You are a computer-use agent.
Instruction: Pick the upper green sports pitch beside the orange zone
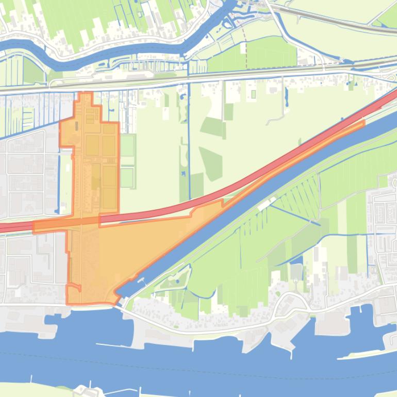click(127, 144)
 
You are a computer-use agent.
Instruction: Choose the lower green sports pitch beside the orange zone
click(127, 178)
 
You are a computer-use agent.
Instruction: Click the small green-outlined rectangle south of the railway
click(253, 94)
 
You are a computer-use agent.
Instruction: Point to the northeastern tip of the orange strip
click(362, 122)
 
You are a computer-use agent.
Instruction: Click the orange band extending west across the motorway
click(49, 226)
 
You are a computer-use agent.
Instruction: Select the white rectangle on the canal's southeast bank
click(264, 205)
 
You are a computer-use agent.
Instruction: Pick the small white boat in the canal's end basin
click(141, 279)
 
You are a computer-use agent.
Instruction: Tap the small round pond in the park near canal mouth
click(177, 282)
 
